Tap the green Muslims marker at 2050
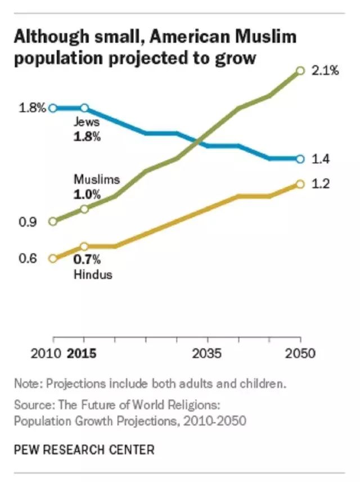tap(300, 71)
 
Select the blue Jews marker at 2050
tap(300, 159)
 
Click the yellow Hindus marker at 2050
tap(300, 184)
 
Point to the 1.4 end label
tap(320, 159)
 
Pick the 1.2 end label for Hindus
tap(320, 184)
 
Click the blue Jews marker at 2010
tap(53, 108)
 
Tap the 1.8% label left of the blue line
tap(31, 108)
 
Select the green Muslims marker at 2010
tap(53, 221)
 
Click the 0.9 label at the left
tap(28, 222)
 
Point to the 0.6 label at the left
tap(28, 259)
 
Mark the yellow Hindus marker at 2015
tap(84, 246)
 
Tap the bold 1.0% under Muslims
tap(87, 195)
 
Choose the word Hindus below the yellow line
tap(93, 275)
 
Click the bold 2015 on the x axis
tap(82, 354)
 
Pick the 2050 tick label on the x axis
tap(300, 354)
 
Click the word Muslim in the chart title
tap(265, 37)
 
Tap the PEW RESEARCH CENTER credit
tap(84, 449)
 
